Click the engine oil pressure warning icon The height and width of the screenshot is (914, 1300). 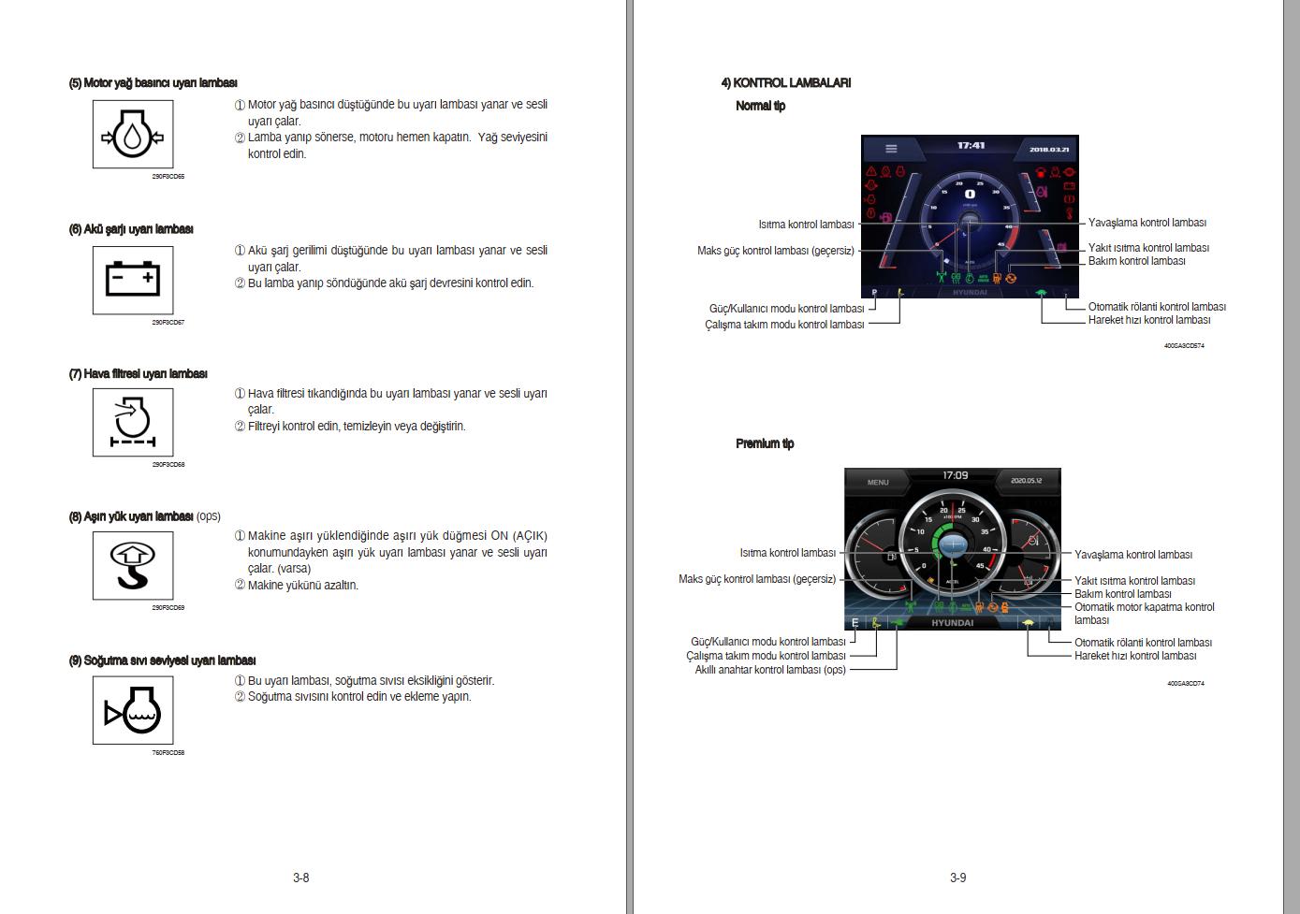click(132, 135)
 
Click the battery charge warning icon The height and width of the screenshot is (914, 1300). click(132, 280)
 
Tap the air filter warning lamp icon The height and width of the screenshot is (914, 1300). click(132, 422)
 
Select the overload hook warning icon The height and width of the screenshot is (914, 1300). click(132, 565)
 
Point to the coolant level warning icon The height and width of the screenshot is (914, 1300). click(132, 711)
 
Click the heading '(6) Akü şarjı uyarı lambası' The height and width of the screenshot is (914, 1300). click(131, 229)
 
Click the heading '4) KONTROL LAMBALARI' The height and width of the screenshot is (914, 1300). click(785, 82)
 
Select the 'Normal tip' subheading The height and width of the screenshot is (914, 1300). click(760, 106)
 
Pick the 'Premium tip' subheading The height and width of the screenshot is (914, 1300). click(764, 443)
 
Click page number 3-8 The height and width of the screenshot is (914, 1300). click(300, 878)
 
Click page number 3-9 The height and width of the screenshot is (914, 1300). click(957, 878)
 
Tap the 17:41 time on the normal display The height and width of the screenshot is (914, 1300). click(971, 146)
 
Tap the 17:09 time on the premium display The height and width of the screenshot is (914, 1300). click(955, 476)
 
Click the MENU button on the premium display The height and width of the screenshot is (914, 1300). click(877, 483)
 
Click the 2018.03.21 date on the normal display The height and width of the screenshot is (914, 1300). click(1049, 150)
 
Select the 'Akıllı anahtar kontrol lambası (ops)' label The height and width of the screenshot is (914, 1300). click(769, 669)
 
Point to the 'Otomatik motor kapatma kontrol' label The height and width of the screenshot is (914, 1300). click(1144, 607)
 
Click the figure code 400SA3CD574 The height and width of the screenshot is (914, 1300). click(1183, 346)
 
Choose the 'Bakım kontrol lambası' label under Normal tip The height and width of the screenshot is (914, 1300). click(1136, 261)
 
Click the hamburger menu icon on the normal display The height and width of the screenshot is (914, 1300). click(891, 149)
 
